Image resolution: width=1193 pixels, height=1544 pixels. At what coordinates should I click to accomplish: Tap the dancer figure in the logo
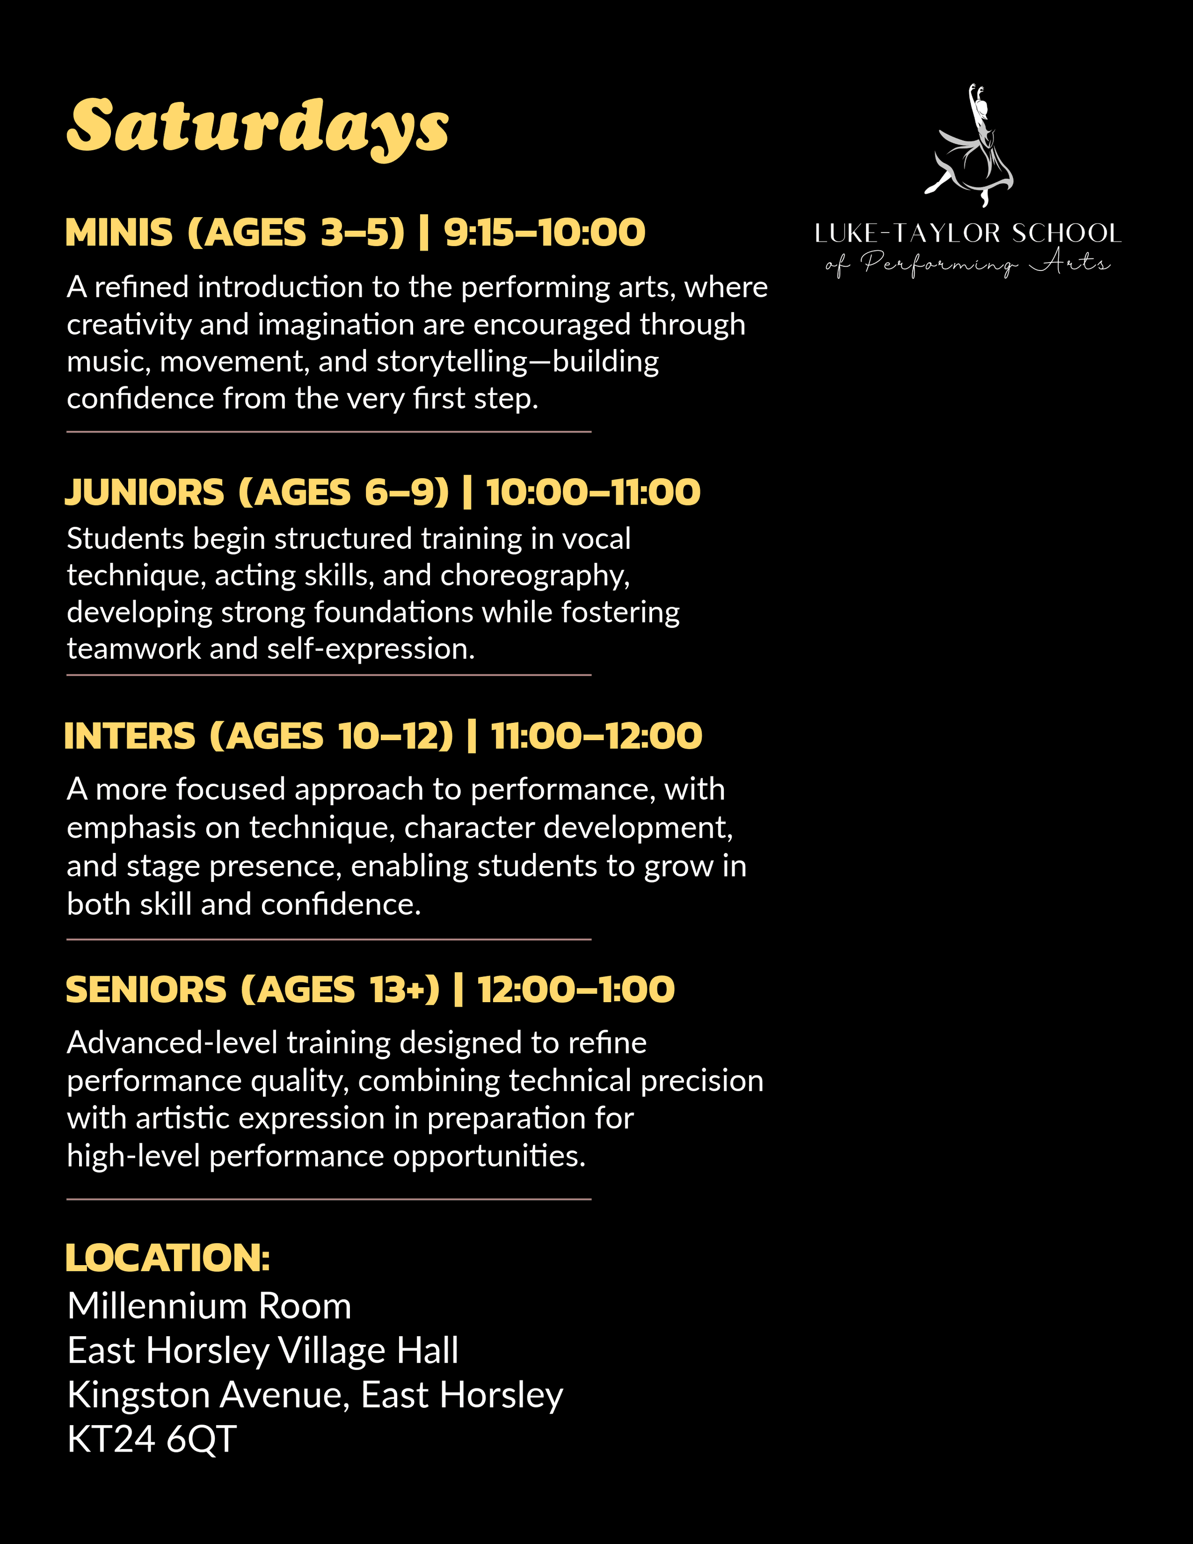coord(972,149)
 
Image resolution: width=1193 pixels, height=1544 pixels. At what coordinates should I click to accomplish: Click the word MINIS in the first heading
coord(119,233)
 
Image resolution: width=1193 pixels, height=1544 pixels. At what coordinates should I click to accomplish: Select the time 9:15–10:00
coord(544,233)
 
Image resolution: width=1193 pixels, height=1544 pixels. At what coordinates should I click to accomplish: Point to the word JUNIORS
coord(145,492)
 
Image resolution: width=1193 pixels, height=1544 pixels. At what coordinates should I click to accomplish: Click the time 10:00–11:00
coord(593,492)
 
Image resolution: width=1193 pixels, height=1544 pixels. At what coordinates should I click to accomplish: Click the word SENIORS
coord(146,989)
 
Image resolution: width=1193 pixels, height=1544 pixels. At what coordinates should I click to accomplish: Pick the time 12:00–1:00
coord(576,989)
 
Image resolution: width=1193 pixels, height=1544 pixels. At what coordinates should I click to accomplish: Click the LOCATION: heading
coord(168,1258)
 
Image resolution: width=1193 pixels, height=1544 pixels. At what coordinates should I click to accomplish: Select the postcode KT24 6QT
coord(152,1440)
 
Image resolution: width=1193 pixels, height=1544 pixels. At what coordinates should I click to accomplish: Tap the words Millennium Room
coord(210,1306)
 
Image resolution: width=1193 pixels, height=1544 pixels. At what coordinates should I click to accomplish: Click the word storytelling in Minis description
coord(452,362)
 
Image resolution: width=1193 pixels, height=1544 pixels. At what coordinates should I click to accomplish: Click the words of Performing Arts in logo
coord(968,263)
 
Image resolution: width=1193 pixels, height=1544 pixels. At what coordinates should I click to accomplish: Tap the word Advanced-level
coord(172,1043)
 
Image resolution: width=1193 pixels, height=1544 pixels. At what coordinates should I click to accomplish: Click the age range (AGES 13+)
coord(341,989)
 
